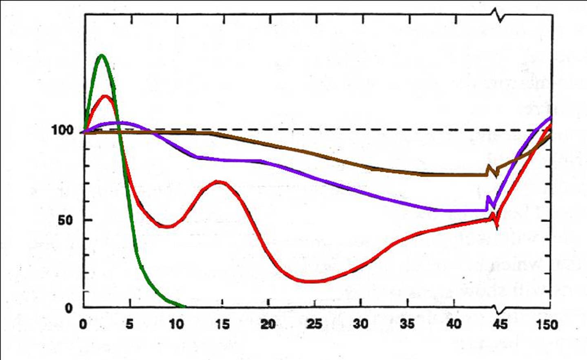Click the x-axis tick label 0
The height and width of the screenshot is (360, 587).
[x=83, y=324]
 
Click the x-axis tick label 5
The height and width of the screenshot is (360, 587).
[x=129, y=324]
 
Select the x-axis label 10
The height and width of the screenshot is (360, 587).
[x=176, y=324]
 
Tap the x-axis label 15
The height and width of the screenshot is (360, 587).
[x=222, y=324]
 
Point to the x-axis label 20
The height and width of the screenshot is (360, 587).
[x=268, y=324]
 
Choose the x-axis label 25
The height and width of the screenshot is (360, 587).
[x=315, y=324]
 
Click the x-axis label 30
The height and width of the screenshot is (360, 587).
[x=361, y=324]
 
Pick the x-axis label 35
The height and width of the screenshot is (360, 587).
[x=407, y=324]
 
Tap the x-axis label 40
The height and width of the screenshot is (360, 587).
[x=453, y=324]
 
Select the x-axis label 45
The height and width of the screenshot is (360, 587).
[x=500, y=324]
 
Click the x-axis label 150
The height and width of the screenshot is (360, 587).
[x=547, y=325]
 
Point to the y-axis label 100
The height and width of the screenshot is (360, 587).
[x=62, y=131]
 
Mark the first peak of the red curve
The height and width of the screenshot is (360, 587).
[x=106, y=96]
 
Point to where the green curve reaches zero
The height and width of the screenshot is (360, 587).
[x=184, y=306]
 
